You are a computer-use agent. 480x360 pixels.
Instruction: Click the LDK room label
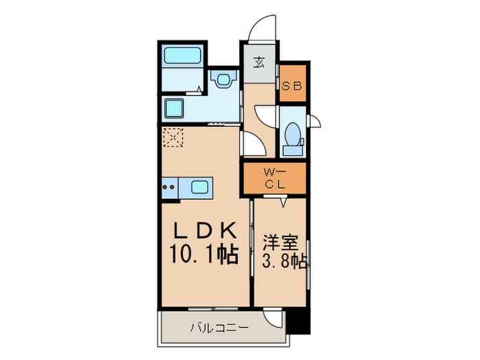tap(206, 230)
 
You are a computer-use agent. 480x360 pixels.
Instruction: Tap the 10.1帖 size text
tap(204, 254)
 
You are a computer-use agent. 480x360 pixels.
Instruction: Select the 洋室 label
tap(280, 243)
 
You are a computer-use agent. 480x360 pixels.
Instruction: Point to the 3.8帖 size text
tap(284, 261)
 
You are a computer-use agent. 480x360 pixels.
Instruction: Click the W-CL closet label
tap(275, 178)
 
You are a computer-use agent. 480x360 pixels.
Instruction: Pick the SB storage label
tap(291, 86)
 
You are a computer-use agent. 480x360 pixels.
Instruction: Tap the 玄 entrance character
tap(259, 63)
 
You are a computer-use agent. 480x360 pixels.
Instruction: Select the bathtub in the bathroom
tap(182, 55)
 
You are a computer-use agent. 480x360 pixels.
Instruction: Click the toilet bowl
tap(293, 134)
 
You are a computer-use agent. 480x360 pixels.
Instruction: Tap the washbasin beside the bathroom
tap(224, 79)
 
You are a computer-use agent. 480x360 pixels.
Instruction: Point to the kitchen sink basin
tap(200, 187)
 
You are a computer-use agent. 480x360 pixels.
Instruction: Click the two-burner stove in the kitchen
tap(169, 187)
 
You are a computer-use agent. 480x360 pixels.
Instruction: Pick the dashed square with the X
tap(173, 137)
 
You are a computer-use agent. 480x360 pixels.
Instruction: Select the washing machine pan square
tap(174, 108)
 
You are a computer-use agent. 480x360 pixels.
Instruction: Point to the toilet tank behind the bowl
tap(293, 150)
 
